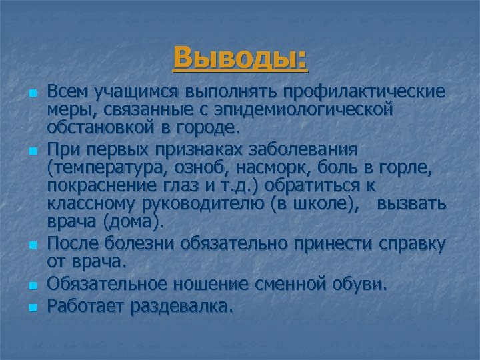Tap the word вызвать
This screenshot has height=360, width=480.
pos(411,203)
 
